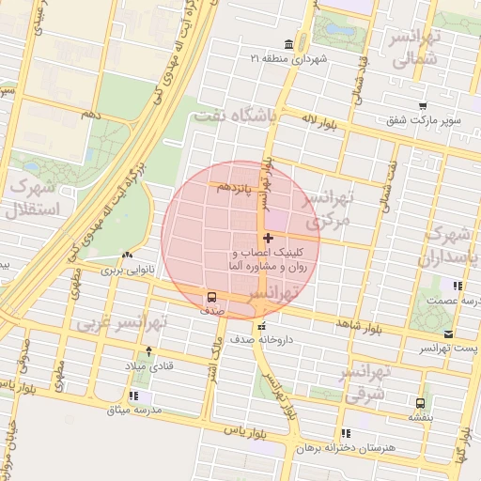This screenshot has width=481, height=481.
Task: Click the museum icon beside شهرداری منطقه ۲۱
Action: point(287,43)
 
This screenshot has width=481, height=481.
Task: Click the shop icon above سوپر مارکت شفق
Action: point(424,105)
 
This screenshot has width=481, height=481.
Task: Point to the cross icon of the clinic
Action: point(270,239)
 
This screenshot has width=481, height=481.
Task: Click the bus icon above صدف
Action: point(212,299)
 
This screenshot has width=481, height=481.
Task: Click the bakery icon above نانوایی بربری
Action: point(128,255)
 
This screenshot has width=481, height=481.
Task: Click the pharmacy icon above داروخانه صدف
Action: point(262,325)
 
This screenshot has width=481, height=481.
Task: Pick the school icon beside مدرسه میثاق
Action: point(133,396)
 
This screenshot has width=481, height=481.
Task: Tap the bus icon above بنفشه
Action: point(420,401)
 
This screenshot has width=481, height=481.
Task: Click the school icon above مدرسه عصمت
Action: point(458,285)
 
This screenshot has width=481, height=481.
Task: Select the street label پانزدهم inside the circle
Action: point(237,187)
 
